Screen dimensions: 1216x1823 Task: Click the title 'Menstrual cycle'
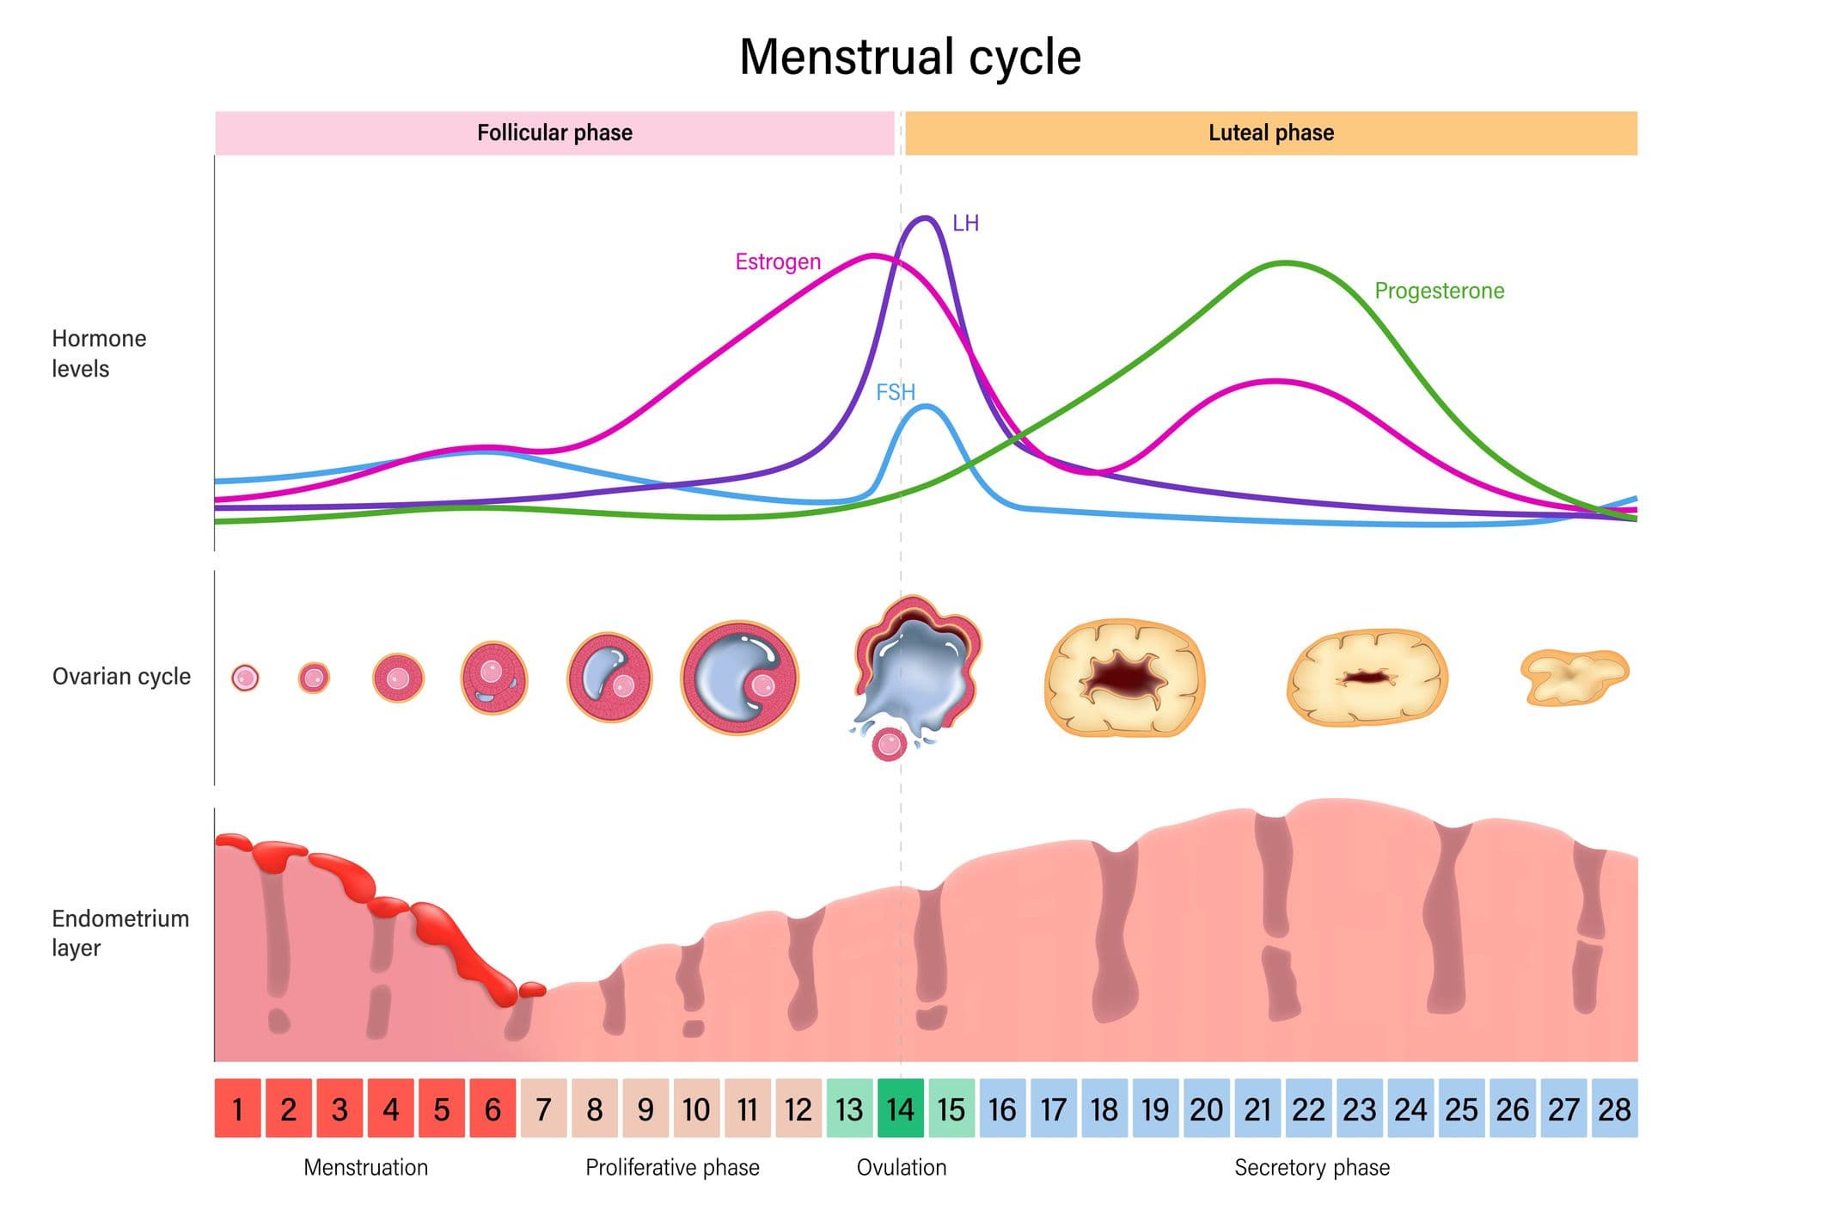point(910,57)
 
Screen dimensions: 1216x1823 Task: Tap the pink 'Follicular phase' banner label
point(554,132)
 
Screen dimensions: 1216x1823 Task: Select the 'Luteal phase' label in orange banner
point(1270,132)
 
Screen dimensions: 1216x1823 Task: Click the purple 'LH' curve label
point(965,224)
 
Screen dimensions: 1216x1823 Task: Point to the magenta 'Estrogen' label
point(777,261)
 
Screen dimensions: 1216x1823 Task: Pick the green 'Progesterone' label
point(1439,291)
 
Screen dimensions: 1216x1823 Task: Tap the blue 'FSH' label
point(895,392)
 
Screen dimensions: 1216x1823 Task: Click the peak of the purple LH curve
point(925,218)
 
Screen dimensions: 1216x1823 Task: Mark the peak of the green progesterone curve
point(1286,263)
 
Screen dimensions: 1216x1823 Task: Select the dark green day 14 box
point(900,1109)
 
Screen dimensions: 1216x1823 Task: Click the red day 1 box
point(237,1109)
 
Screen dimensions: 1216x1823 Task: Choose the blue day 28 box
point(1614,1109)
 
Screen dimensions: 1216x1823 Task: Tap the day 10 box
point(696,1109)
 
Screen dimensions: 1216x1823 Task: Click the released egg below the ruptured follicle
point(889,744)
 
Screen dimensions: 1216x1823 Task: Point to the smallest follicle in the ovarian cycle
point(245,678)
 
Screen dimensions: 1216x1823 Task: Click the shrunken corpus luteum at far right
point(1573,677)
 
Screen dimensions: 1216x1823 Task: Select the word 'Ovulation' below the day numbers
point(901,1167)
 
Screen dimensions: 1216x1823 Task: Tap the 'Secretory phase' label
point(1312,1167)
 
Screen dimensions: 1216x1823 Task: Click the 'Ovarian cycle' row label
point(121,676)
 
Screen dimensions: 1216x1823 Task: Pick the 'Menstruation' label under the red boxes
point(365,1167)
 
